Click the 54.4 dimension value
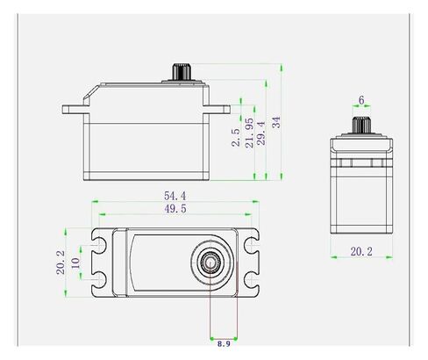pyautogui.click(x=175, y=196)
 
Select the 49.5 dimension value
pyautogui.click(x=175, y=209)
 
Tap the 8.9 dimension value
pyautogui.click(x=224, y=343)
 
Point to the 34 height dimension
pyautogui.click(x=276, y=122)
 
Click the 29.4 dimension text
pyautogui.click(x=261, y=133)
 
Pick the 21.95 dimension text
pyautogui.click(x=249, y=133)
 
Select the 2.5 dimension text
pyautogui.click(x=236, y=138)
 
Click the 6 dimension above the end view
pyautogui.click(x=361, y=100)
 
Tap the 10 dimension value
pyautogui.click(x=75, y=263)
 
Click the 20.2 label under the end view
pyautogui.click(x=361, y=251)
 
